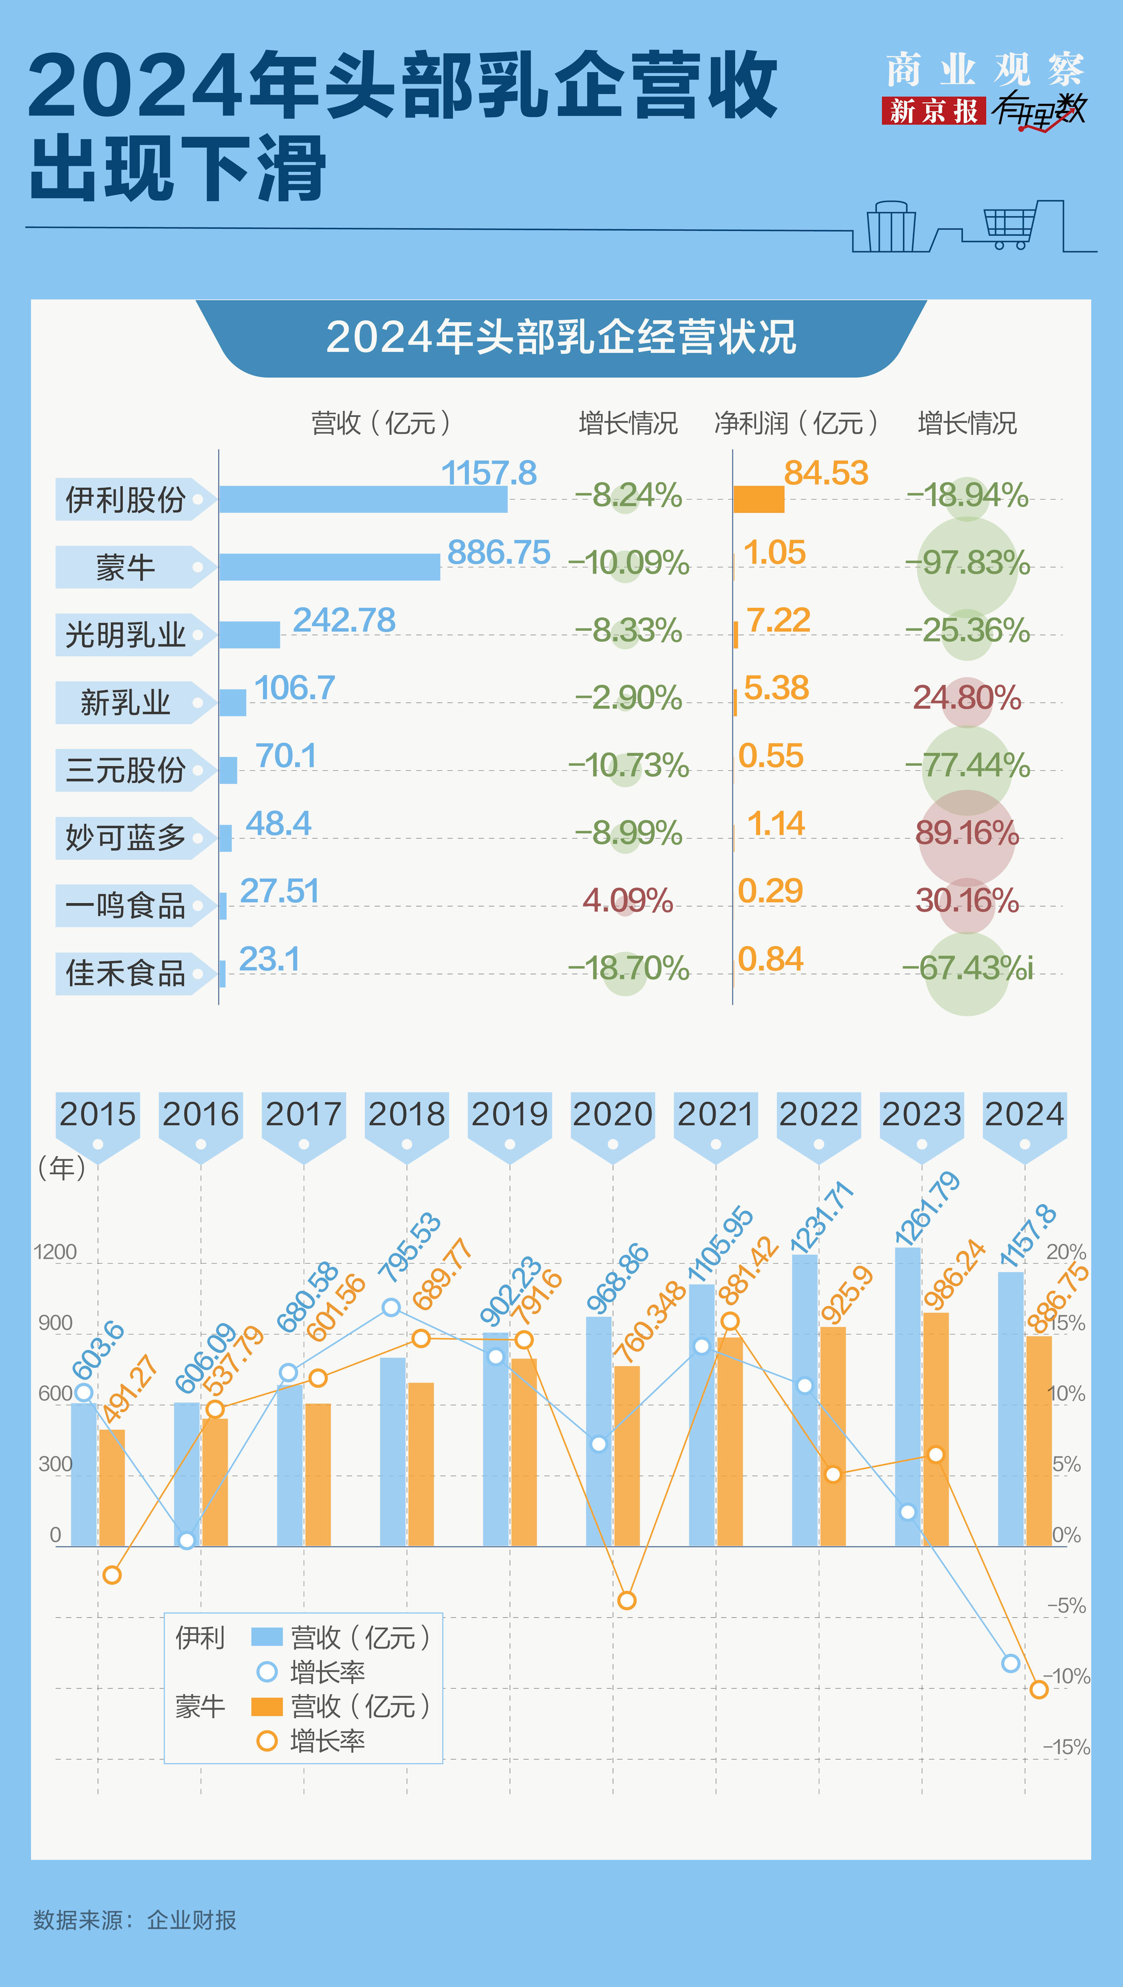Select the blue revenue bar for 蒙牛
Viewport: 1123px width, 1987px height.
click(x=329, y=567)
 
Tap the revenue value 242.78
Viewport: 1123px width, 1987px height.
click(x=344, y=620)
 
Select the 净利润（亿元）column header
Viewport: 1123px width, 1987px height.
click(x=796, y=423)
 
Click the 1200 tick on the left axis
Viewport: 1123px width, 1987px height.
click(x=56, y=1252)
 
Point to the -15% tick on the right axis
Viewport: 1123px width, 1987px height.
click(x=1066, y=1747)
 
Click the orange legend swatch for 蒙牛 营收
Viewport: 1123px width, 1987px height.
click(x=267, y=1706)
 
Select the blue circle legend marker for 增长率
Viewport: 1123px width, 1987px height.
click(x=267, y=1672)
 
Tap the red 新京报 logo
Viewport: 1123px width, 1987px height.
click(x=933, y=111)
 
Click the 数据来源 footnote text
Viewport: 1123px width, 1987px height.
click(x=135, y=1920)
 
